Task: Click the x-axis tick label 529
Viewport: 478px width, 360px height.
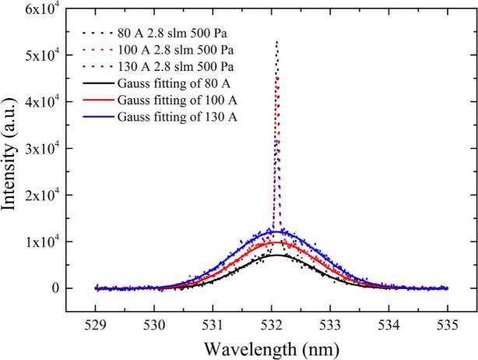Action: (96, 324)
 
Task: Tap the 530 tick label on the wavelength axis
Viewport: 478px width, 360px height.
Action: (154, 324)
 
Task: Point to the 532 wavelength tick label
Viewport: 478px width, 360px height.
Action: (272, 324)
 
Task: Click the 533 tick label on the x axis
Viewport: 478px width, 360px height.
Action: (330, 324)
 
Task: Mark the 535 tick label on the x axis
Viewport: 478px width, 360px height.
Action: (448, 324)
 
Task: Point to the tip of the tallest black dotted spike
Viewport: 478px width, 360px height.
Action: (277, 42)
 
